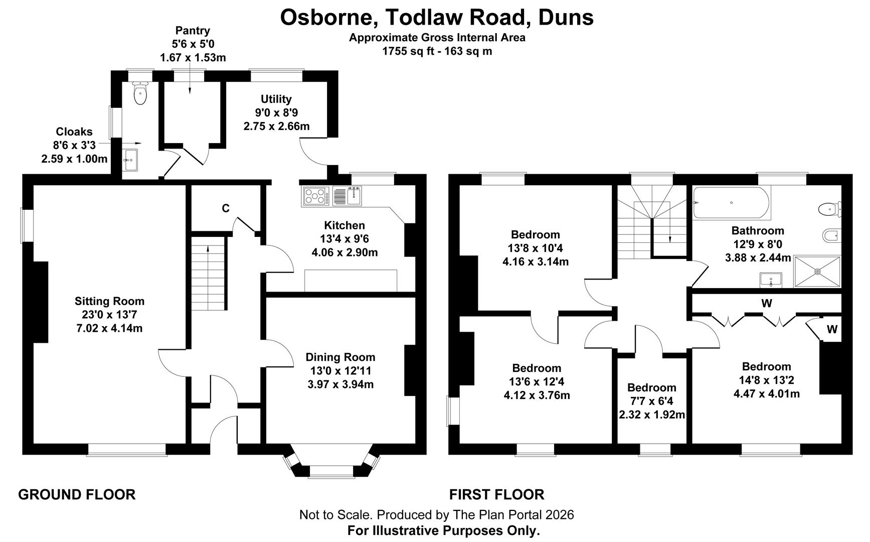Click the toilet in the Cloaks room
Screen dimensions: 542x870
(x=140, y=93)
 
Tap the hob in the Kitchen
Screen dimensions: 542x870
(x=316, y=196)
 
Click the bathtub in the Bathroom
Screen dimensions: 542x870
(x=731, y=203)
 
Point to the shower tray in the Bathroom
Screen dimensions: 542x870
(x=817, y=272)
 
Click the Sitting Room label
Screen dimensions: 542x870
(x=109, y=301)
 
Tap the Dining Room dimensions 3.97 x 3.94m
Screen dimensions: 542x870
(x=340, y=384)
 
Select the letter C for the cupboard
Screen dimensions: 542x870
(x=226, y=208)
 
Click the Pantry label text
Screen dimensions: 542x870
(x=193, y=31)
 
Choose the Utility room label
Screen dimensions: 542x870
(x=276, y=99)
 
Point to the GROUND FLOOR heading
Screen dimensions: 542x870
(x=77, y=494)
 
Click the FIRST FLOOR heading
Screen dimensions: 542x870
(x=496, y=494)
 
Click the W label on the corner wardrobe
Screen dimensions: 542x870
(x=832, y=330)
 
